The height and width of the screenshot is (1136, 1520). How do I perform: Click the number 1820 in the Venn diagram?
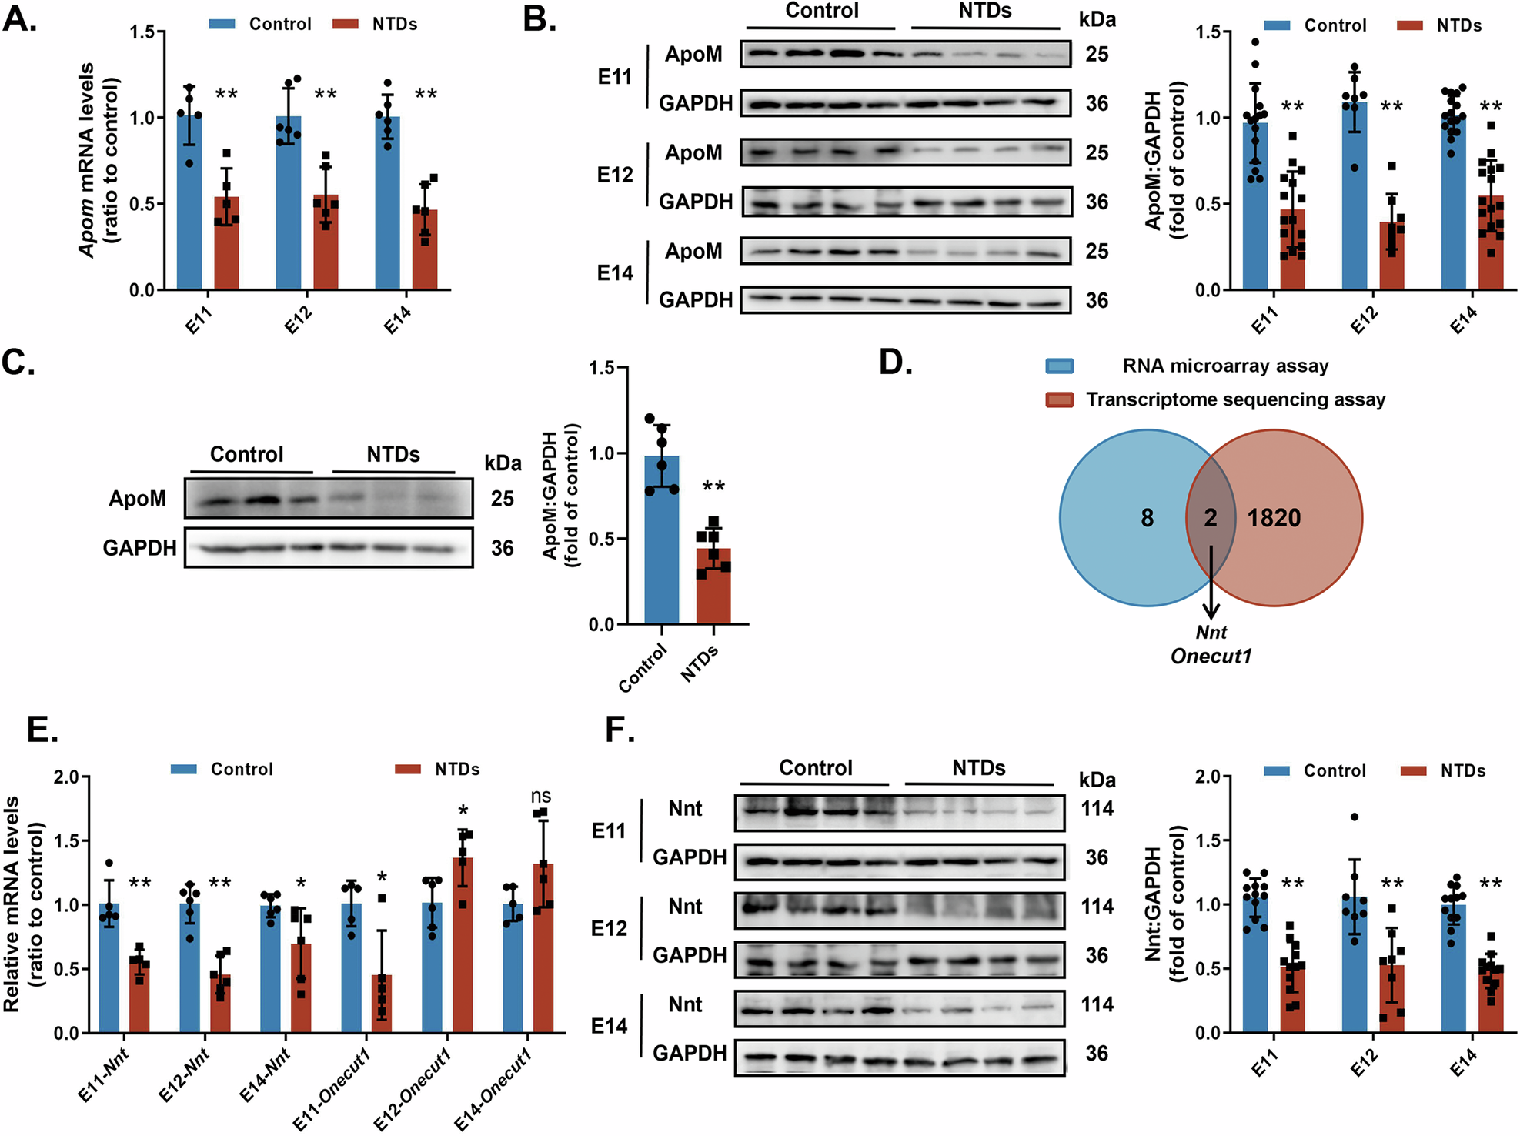(x=1274, y=518)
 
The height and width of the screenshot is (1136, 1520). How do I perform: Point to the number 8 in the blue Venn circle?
(x=1147, y=518)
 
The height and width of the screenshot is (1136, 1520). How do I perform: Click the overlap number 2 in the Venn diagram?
(x=1211, y=518)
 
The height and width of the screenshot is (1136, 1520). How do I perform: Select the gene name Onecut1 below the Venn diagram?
(x=1211, y=657)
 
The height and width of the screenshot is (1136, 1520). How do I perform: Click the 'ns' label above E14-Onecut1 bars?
(x=541, y=797)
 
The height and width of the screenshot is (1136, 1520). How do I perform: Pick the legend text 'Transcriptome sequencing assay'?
(x=1235, y=399)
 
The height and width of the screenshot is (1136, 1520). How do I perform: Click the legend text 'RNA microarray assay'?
(x=1225, y=366)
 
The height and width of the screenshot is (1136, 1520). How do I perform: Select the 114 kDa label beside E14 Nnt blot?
(x=1097, y=1004)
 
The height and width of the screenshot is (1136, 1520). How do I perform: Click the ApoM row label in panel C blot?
(x=137, y=499)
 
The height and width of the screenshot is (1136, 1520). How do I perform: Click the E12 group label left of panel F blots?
(x=609, y=929)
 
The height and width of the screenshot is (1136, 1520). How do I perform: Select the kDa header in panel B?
(x=1097, y=19)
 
